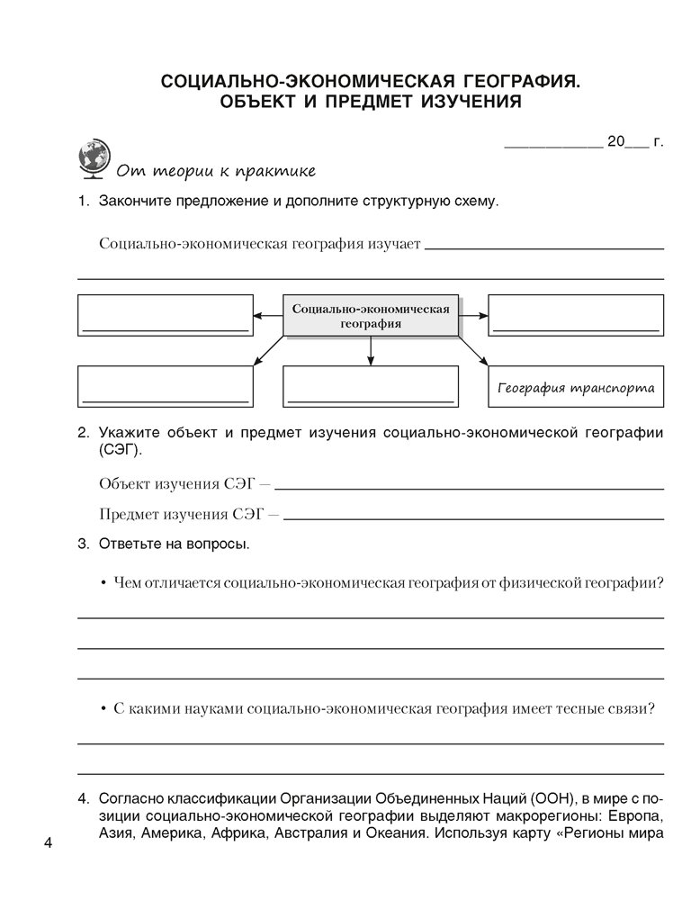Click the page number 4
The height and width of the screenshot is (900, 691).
pyautogui.click(x=49, y=842)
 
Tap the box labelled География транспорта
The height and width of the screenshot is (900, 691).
pyautogui.click(x=575, y=389)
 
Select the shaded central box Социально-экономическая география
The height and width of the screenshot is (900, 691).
pyautogui.click(x=370, y=315)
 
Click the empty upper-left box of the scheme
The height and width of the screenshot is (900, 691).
pyautogui.click(x=164, y=315)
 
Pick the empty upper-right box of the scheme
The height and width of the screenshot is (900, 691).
pyautogui.click(x=576, y=315)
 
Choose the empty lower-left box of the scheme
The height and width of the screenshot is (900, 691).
pyautogui.click(x=164, y=388)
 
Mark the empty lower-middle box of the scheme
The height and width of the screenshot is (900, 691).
pyautogui.click(x=370, y=388)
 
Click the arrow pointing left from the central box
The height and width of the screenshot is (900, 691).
pyautogui.click(x=267, y=315)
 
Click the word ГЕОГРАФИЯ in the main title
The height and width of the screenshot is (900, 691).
pyautogui.click(x=511, y=81)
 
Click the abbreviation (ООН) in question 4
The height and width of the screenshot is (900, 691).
pyautogui.click(x=556, y=797)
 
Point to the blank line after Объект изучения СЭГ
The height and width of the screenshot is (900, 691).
pyautogui.click(x=473, y=487)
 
